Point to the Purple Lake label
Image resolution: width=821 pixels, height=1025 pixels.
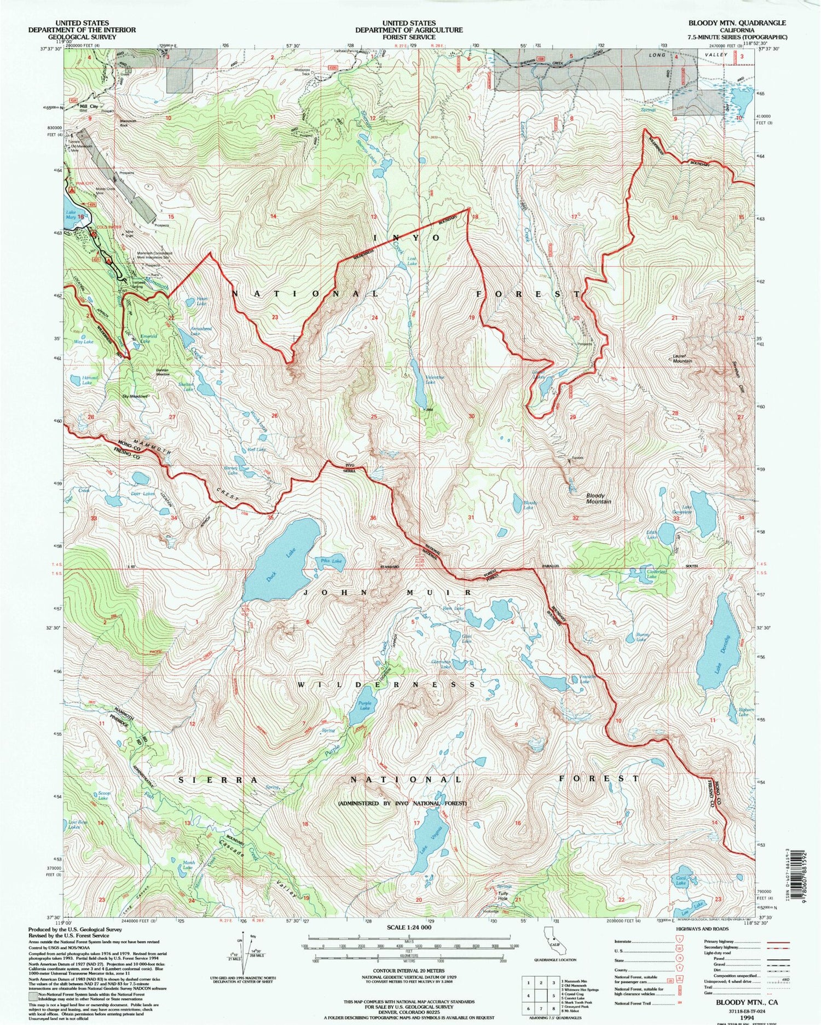click(x=365, y=706)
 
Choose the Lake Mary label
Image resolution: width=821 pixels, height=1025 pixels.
click(x=71, y=215)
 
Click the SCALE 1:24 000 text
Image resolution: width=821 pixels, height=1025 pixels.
click(x=409, y=928)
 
